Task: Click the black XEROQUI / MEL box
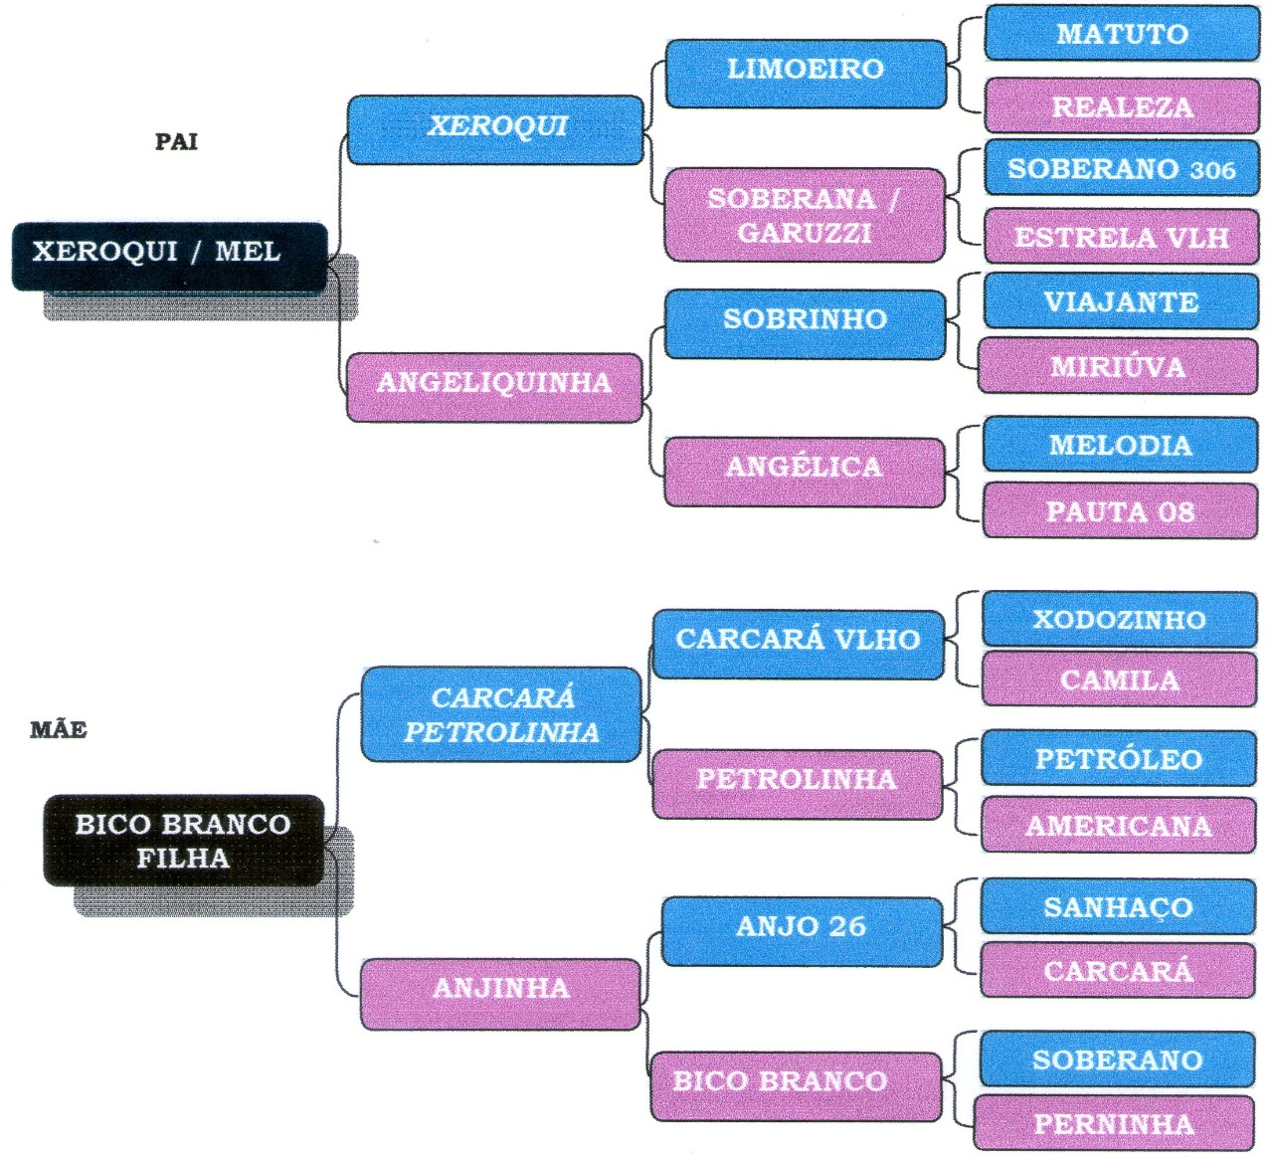169,256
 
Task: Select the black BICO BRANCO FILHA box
184,841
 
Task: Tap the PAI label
176,141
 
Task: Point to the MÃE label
59,730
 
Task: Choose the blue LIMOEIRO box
806,72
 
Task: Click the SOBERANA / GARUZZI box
804,215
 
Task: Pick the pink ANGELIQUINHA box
494,386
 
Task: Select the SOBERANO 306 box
1121,169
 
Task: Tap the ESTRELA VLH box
1121,237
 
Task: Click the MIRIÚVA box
1118,367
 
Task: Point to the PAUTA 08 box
1120,511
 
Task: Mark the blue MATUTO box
1122,34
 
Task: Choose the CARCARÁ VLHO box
798,643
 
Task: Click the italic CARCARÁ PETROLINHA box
501,715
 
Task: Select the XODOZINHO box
1119,620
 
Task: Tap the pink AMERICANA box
1119,826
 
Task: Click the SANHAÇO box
1118,907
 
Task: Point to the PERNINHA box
1114,1124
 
